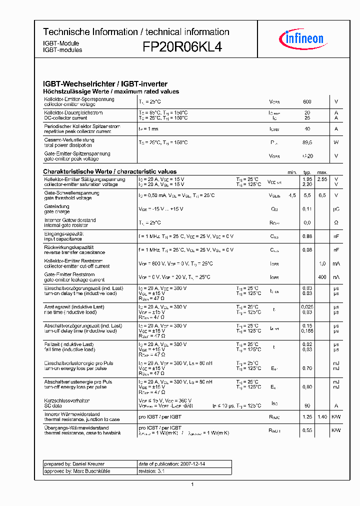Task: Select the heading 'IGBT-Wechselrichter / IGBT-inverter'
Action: click(105, 84)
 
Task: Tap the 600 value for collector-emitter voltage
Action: click(307, 102)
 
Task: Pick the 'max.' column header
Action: click(322, 172)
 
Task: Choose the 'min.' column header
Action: click(292, 172)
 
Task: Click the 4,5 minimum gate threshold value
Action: click(292, 195)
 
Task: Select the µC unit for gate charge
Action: click(336, 209)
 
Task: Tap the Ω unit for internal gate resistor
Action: click(336, 222)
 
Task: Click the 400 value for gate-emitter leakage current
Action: click(322, 277)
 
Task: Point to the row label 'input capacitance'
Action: click(63, 239)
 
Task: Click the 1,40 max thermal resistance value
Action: click(322, 416)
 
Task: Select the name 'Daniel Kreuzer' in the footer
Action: click(90, 464)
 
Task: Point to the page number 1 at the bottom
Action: click(192, 484)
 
